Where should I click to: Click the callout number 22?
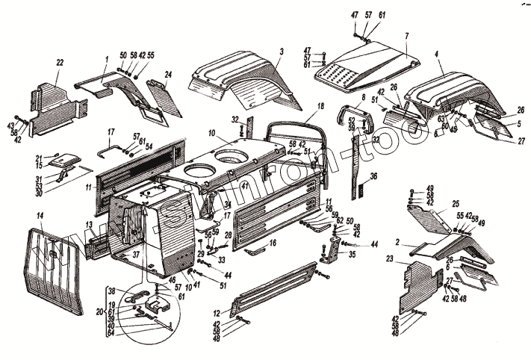pyautogui.click(x=58, y=62)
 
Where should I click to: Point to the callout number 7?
pyautogui.click(x=406, y=35)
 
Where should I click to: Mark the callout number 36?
pyautogui.click(x=374, y=176)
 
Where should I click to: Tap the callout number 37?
pyautogui.click(x=136, y=253)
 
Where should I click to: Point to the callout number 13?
pyautogui.click(x=88, y=224)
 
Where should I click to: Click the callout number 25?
pyautogui.click(x=456, y=203)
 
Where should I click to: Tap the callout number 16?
pyautogui.click(x=273, y=243)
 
